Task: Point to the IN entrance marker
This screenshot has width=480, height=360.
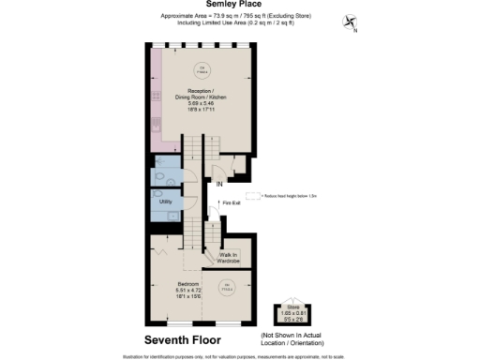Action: (x=219, y=186)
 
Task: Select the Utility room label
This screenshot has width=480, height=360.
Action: (x=165, y=202)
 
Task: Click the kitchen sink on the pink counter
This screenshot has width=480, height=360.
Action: (x=155, y=117)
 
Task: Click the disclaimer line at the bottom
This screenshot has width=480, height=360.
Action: (x=240, y=355)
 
